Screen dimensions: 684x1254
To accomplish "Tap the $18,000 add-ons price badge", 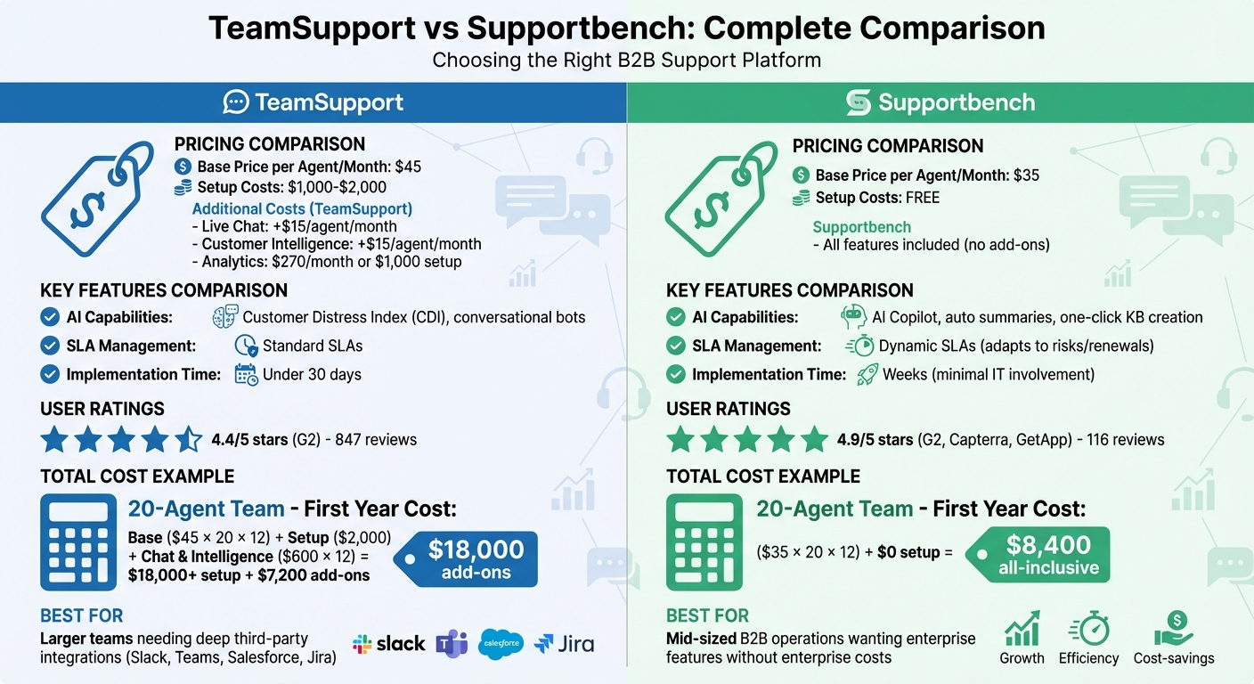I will [x=468, y=559].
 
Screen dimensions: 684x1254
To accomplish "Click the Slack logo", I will [x=388, y=644].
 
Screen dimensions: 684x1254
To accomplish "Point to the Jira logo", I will [x=564, y=644].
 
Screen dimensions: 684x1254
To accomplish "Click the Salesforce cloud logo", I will [x=501, y=644].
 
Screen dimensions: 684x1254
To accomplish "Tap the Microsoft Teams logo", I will [x=452, y=644].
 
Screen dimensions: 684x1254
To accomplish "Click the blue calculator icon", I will [x=78, y=542].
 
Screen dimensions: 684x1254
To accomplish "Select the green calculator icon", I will [x=704, y=542].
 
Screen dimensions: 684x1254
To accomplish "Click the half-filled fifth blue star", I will [x=188, y=439].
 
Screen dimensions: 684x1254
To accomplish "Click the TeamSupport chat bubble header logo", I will [x=236, y=102].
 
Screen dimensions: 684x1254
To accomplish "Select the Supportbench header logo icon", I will [x=858, y=102].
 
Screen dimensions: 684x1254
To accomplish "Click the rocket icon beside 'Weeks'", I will [x=867, y=374].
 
